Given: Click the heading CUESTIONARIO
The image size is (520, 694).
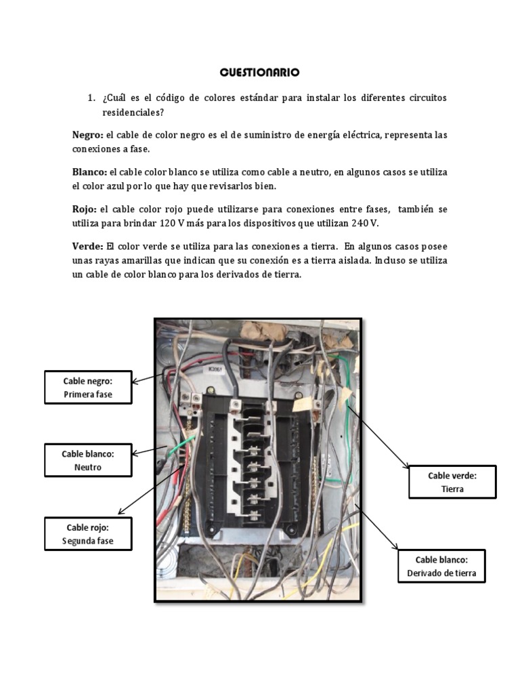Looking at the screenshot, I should tap(259, 72).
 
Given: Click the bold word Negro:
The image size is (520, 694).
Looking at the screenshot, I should tap(88, 136).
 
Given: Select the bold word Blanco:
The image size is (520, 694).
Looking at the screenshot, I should tap(89, 173).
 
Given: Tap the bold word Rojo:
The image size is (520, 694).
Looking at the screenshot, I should tap(85, 209).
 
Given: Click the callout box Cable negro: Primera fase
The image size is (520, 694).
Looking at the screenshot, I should tap(88, 388).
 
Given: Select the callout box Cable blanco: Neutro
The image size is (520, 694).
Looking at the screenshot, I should tap(88, 460).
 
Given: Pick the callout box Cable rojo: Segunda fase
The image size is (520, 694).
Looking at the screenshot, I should tap(88, 534).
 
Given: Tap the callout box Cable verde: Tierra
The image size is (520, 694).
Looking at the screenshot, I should tap(452, 482).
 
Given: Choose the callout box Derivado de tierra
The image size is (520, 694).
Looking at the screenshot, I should tap(441, 566).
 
